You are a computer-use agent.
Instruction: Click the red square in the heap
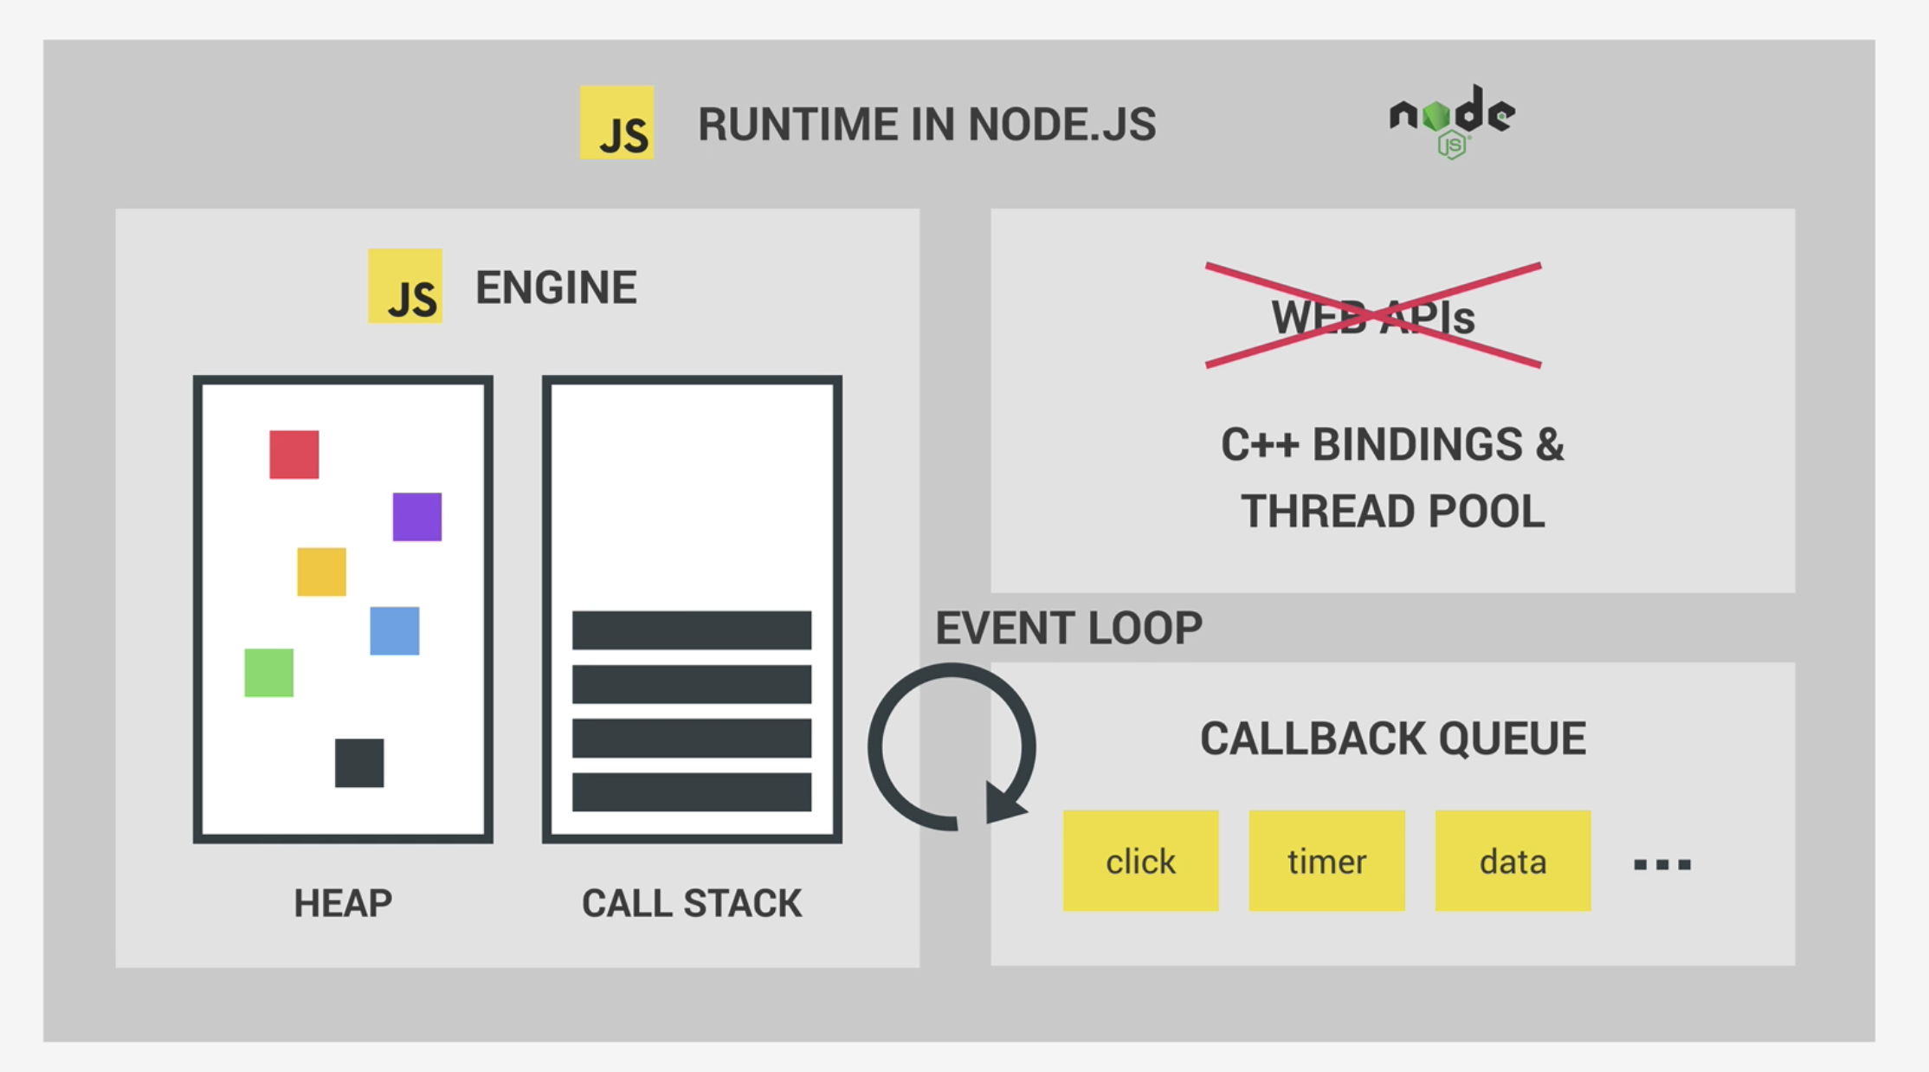[294, 455]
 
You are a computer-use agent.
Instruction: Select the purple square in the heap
[416, 517]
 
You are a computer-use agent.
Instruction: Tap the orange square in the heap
[321, 572]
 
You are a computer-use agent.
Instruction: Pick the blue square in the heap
[394, 630]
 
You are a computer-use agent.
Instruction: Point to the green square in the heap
[268, 673]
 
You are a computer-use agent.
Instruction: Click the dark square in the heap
[358, 763]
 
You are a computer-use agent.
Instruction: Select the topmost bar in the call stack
[692, 630]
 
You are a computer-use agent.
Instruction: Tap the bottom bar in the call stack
[692, 792]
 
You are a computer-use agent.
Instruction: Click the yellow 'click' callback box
[1140, 861]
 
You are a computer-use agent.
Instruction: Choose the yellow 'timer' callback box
[1326, 861]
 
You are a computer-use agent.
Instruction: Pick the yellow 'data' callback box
[1513, 861]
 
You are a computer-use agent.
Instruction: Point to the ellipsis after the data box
[1661, 864]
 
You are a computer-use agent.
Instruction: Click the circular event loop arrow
[952, 746]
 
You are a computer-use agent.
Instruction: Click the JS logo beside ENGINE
[405, 286]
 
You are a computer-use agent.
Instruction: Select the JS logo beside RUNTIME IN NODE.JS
[616, 122]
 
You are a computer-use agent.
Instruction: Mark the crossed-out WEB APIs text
[1373, 316]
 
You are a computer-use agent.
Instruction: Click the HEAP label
[343, 903]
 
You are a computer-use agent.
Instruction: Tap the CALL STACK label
[692, 903]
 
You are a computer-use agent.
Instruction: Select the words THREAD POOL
[1392, 511]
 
